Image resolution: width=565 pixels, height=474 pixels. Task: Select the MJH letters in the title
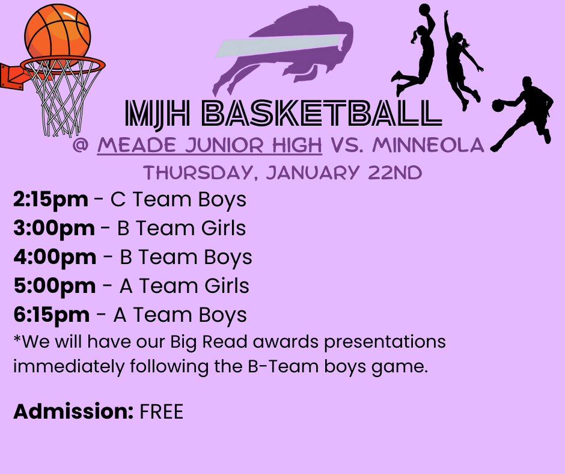click(x=156, y=112)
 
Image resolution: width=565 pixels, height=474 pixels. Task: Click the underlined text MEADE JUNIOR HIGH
click(x=210, y=146)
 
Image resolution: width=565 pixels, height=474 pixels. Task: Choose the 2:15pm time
click(x=50, y=200)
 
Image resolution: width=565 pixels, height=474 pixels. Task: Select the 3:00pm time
click(x=53, y=229)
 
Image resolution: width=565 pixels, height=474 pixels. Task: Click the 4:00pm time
click(x=55, y=257)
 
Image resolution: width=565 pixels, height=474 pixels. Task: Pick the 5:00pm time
click(x=54, y=286)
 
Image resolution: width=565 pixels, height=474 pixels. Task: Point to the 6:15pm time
click(x=51, y=315)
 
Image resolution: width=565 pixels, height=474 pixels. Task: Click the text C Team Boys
click(x=179, y=200)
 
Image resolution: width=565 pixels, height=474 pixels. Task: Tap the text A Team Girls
click(x=184, y=286)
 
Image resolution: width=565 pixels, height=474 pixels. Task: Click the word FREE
click(x=161, y=412)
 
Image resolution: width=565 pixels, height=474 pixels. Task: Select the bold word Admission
click(x=73, y=412)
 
